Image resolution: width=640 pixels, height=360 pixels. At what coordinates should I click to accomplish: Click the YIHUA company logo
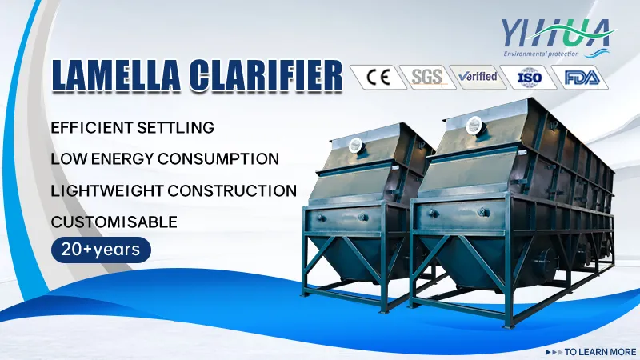click(554, 33)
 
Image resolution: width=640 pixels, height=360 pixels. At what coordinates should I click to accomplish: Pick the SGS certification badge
click(426, 77)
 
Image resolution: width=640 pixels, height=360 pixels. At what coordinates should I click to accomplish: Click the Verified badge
click(478, 77)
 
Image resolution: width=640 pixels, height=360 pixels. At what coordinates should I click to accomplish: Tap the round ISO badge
click(529, 77)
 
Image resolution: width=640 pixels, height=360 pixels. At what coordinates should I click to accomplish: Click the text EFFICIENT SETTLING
click(132, 127)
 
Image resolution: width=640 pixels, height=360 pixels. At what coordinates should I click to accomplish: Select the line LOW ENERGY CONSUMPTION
click(165, 158)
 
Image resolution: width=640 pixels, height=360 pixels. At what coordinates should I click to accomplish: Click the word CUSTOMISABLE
click(114, 221)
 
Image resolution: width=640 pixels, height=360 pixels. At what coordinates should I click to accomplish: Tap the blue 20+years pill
click(100, 249)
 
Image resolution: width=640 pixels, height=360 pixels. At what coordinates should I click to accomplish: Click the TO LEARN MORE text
click(600, 351)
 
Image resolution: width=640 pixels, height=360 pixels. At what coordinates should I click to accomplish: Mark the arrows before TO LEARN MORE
click(553, 351)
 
